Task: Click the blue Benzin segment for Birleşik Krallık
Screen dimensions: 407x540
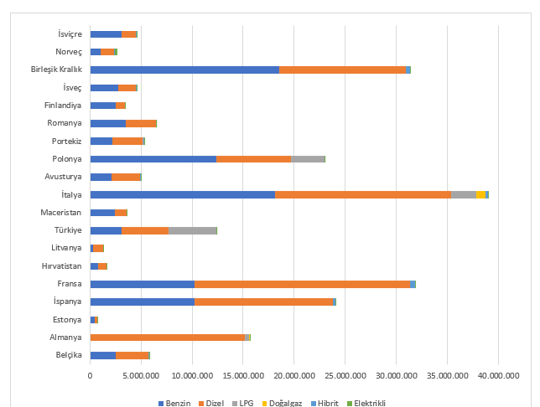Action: tap(184, 70)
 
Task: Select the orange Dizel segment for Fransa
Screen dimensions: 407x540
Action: tap(302, 284)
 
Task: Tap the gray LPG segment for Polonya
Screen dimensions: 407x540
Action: tap(308, 159)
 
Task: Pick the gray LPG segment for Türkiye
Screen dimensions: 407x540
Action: tap(192, 230)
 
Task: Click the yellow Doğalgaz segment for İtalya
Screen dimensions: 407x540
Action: tap(480, 194)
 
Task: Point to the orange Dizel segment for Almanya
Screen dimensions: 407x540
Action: tap(167, 337)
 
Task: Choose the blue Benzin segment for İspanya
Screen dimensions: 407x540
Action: tap(142, 301)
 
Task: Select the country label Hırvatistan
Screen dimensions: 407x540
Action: tap(60, 265)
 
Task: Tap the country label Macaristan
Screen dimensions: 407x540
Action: tap(61, 213)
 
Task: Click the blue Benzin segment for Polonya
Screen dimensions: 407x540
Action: tap(153, 159)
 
